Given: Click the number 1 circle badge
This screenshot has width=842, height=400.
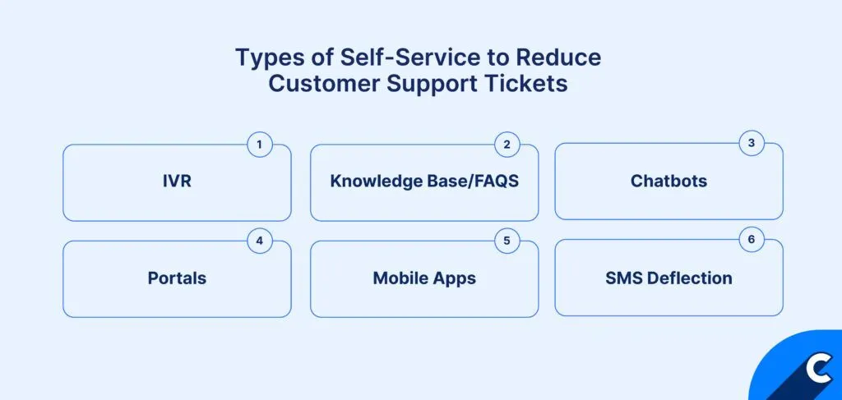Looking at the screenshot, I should click(x=259, y=145).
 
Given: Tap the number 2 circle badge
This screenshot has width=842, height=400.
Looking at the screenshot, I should click(x=507, y=145).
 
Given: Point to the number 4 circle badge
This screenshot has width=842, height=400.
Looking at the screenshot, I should click(x=259, y=241).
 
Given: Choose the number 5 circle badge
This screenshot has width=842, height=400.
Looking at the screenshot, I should click(x=507, y=241).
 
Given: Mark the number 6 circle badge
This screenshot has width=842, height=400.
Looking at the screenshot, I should click(x=751, y=241).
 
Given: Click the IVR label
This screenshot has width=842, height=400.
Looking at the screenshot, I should click(x=177, y=182).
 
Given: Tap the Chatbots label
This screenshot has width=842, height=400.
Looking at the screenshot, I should click(x=669, y=181).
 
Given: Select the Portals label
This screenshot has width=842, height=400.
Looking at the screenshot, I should click(x=177, y=278).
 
